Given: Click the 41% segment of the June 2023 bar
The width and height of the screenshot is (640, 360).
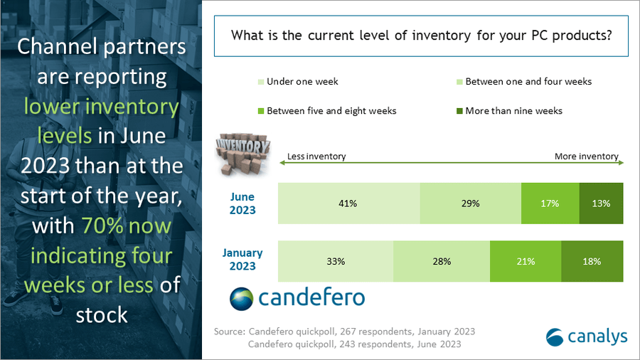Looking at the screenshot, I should tap(348, 203).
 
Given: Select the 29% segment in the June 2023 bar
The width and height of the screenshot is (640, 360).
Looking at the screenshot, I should tap(470, 203).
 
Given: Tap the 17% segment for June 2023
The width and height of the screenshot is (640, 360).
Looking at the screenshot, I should tap(550, 203).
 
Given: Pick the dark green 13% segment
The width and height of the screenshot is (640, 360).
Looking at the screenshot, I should tap(602, 203).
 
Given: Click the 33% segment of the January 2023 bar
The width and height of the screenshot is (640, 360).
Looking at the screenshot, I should tap(336, 261).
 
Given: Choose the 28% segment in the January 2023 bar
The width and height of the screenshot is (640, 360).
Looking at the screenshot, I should tap(442, 261).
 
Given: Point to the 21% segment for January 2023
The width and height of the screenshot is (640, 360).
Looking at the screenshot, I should tap(526, 261).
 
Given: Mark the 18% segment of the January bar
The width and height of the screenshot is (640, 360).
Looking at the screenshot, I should tap(592, 261).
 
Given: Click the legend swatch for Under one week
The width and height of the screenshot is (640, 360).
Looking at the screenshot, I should tap(260, 82).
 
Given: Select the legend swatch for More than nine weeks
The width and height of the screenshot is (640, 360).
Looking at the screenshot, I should tap(459, 111).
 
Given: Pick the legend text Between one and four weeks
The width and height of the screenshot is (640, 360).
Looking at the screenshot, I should tap(528, 82).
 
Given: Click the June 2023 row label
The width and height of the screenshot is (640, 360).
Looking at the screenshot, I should tap(242, 203).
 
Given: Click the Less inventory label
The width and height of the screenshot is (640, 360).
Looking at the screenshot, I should tap(316, 157).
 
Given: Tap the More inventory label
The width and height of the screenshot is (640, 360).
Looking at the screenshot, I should tap(587, 157).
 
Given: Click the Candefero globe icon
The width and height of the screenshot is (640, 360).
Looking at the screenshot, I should tap(241, 299).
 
